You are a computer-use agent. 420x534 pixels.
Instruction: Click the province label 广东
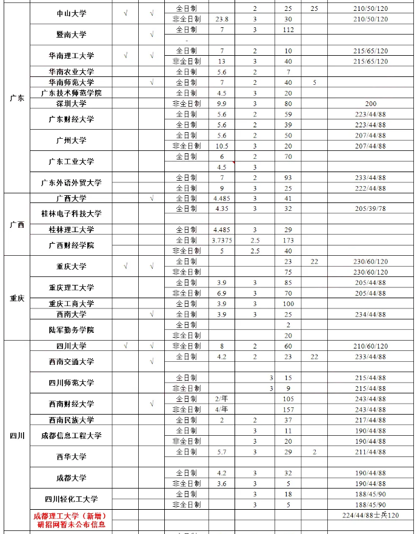point(17,99)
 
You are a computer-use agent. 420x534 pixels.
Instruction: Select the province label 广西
point(17,224)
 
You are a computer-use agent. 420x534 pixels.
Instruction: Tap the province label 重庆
point(17,298)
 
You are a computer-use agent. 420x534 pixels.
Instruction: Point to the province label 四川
point(17,436)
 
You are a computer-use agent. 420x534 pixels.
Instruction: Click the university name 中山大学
point(71,14)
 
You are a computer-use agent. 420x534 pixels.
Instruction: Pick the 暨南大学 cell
point(71,35)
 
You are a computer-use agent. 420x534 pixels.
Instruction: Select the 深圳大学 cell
point(71,104)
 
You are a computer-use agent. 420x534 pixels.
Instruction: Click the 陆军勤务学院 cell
point(71,330)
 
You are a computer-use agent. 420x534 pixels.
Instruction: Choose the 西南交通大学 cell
point(71,361)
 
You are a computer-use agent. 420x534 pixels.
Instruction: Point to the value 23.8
point(221,19)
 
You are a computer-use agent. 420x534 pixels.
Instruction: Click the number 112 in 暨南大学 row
point(288,30)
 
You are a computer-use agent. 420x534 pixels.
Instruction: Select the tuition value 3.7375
point(221,241)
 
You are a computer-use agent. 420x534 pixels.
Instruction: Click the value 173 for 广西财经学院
point(288,241)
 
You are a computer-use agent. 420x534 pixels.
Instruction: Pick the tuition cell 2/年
point(221,399)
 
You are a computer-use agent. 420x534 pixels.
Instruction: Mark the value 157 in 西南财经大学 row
point(288,409)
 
